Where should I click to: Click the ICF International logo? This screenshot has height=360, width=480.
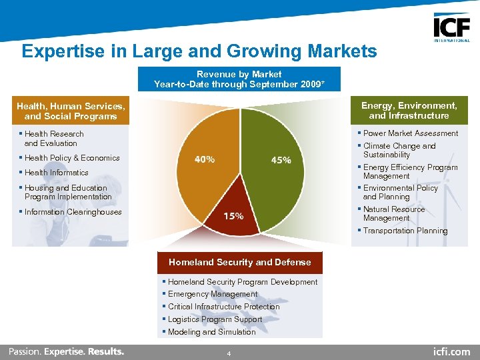point(451,28)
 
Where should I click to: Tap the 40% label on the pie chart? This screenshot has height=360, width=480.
point(204,160)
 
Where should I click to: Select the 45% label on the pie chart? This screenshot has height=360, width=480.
point(281,160)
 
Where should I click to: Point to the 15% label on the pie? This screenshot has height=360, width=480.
point(233,216)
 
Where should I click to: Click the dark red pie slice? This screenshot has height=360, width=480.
point(241,207)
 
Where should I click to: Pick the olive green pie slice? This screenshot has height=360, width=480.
point(273,140)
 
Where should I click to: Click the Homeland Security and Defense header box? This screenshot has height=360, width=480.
point(239,262)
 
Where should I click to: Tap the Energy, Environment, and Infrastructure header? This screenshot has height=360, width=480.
point(409,111)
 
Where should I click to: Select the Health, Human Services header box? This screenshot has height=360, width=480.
point(71,111)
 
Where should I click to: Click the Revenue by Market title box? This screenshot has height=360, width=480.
point(239,79)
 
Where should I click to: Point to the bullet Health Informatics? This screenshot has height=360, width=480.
point(57,173)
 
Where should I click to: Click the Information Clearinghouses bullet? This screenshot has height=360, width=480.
point(73,212)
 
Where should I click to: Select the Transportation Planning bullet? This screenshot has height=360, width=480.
point(405,231)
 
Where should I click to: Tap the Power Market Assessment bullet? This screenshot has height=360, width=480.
point(411,133)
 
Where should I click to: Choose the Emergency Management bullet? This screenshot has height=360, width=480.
point(213,294)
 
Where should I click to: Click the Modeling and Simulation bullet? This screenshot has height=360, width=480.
point(212,332)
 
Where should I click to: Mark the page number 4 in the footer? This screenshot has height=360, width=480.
point(229,353)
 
